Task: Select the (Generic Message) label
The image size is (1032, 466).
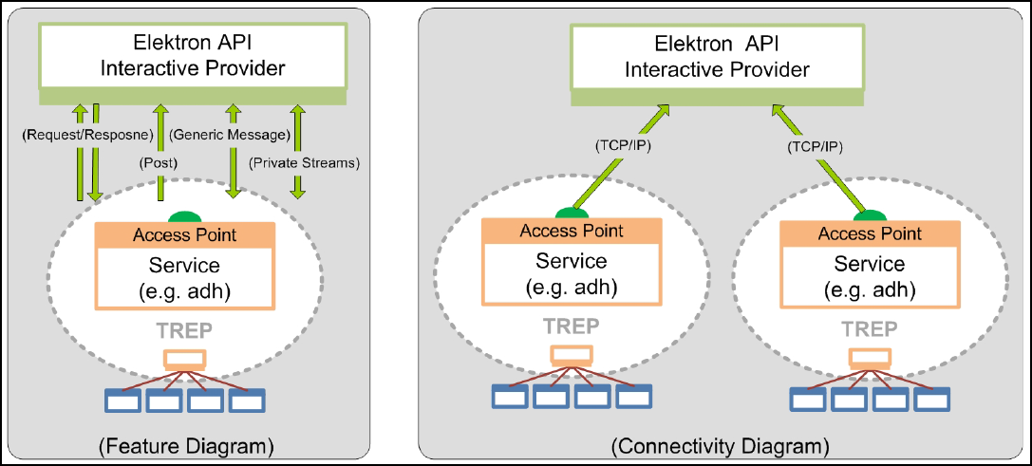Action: pyautogui.click(x=229, y=136)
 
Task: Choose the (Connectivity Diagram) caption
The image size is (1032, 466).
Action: pyautogui.click(x=720, y=443)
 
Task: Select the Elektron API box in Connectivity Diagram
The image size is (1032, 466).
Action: pyautogui.click(x=717, y=57)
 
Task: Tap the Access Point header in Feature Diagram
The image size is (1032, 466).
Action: pyautogui.click(x=185, y=234)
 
